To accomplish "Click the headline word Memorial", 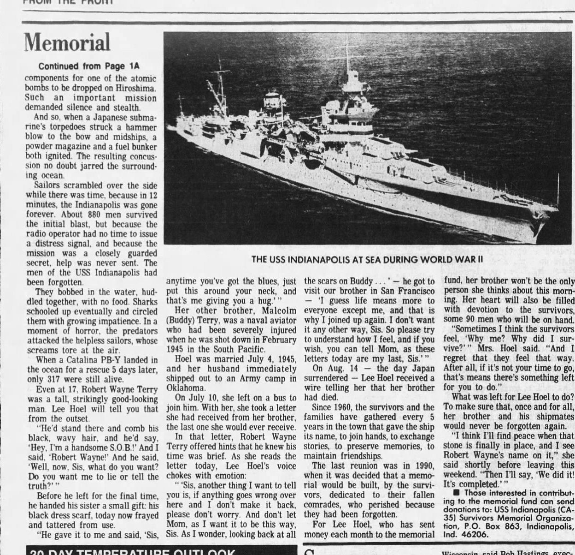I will coord(67,43).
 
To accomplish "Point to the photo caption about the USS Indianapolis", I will coord(367,259).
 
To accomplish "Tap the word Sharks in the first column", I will coord(143,302).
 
